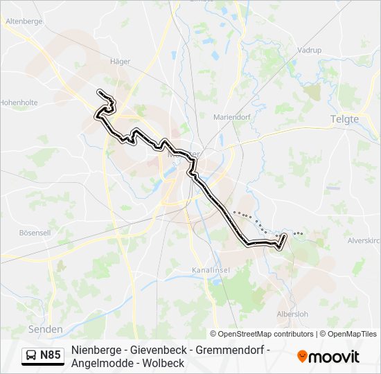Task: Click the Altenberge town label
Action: pos(24,21)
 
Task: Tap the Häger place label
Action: pos(121,62)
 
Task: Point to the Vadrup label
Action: pos(309,51)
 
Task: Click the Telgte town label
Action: pos(344,119)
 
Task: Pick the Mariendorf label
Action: pos(231,117)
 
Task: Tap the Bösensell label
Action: pos(35,233)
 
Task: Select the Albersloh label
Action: pos(292,313)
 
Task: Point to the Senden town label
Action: pos(46,329)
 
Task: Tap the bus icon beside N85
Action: pos(31,356)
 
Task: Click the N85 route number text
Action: pos(51,356)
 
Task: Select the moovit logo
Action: pos(328,356)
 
